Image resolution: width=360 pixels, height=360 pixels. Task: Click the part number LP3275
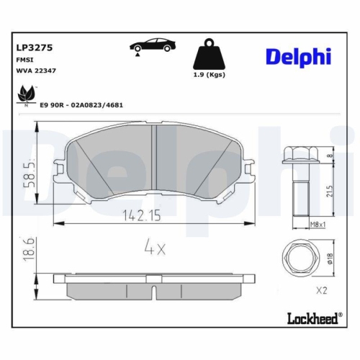point(35,48)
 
